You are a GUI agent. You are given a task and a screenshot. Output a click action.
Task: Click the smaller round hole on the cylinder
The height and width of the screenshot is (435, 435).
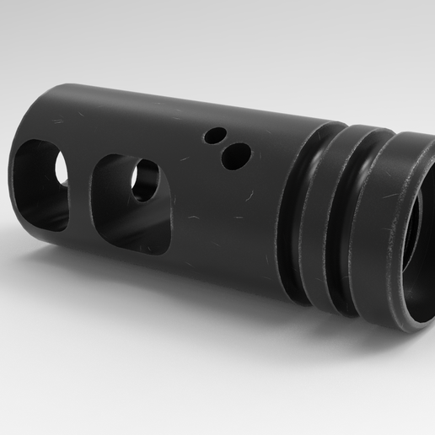(x=217, y=135)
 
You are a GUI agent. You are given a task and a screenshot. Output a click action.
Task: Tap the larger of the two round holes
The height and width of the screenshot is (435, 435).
(x=237, y=155)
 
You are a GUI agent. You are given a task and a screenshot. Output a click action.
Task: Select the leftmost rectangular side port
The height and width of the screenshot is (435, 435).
(x=40, y=184)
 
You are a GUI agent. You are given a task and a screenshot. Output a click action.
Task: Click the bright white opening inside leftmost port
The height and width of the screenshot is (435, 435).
(x=61, y=167)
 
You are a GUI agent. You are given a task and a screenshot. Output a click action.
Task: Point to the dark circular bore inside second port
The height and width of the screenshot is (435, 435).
(x=145, y=180)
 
